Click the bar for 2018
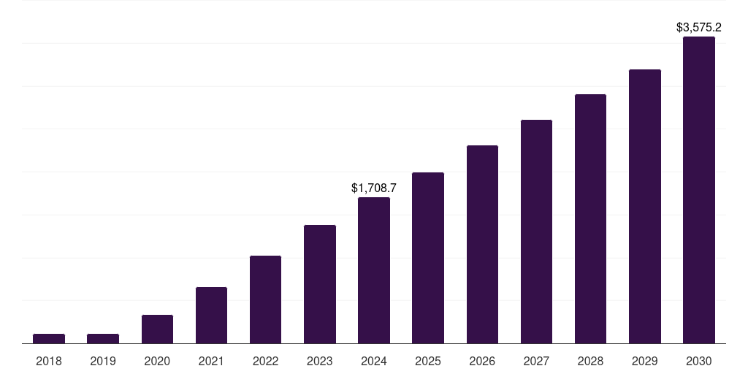click(49, 338)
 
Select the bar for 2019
click(103, 338)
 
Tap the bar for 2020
click(157, 329)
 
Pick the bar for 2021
click(211, 315)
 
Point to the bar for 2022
click(265, 299)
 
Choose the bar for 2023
click(320, 284)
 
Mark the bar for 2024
click(374, 270)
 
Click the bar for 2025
click(428, 258)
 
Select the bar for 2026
click(482, 244)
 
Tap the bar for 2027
click(536, 232)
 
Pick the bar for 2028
click(590, 218)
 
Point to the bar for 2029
click(644, 206)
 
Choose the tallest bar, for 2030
click(699, 190)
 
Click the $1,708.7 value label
click(374, 188)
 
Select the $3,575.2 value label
click(699, 28)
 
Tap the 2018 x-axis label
click(49, 361)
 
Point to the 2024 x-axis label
click(374, 361)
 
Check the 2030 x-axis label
click(699, 361)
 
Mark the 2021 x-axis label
click(211, 361)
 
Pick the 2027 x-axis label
click(536, 361)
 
